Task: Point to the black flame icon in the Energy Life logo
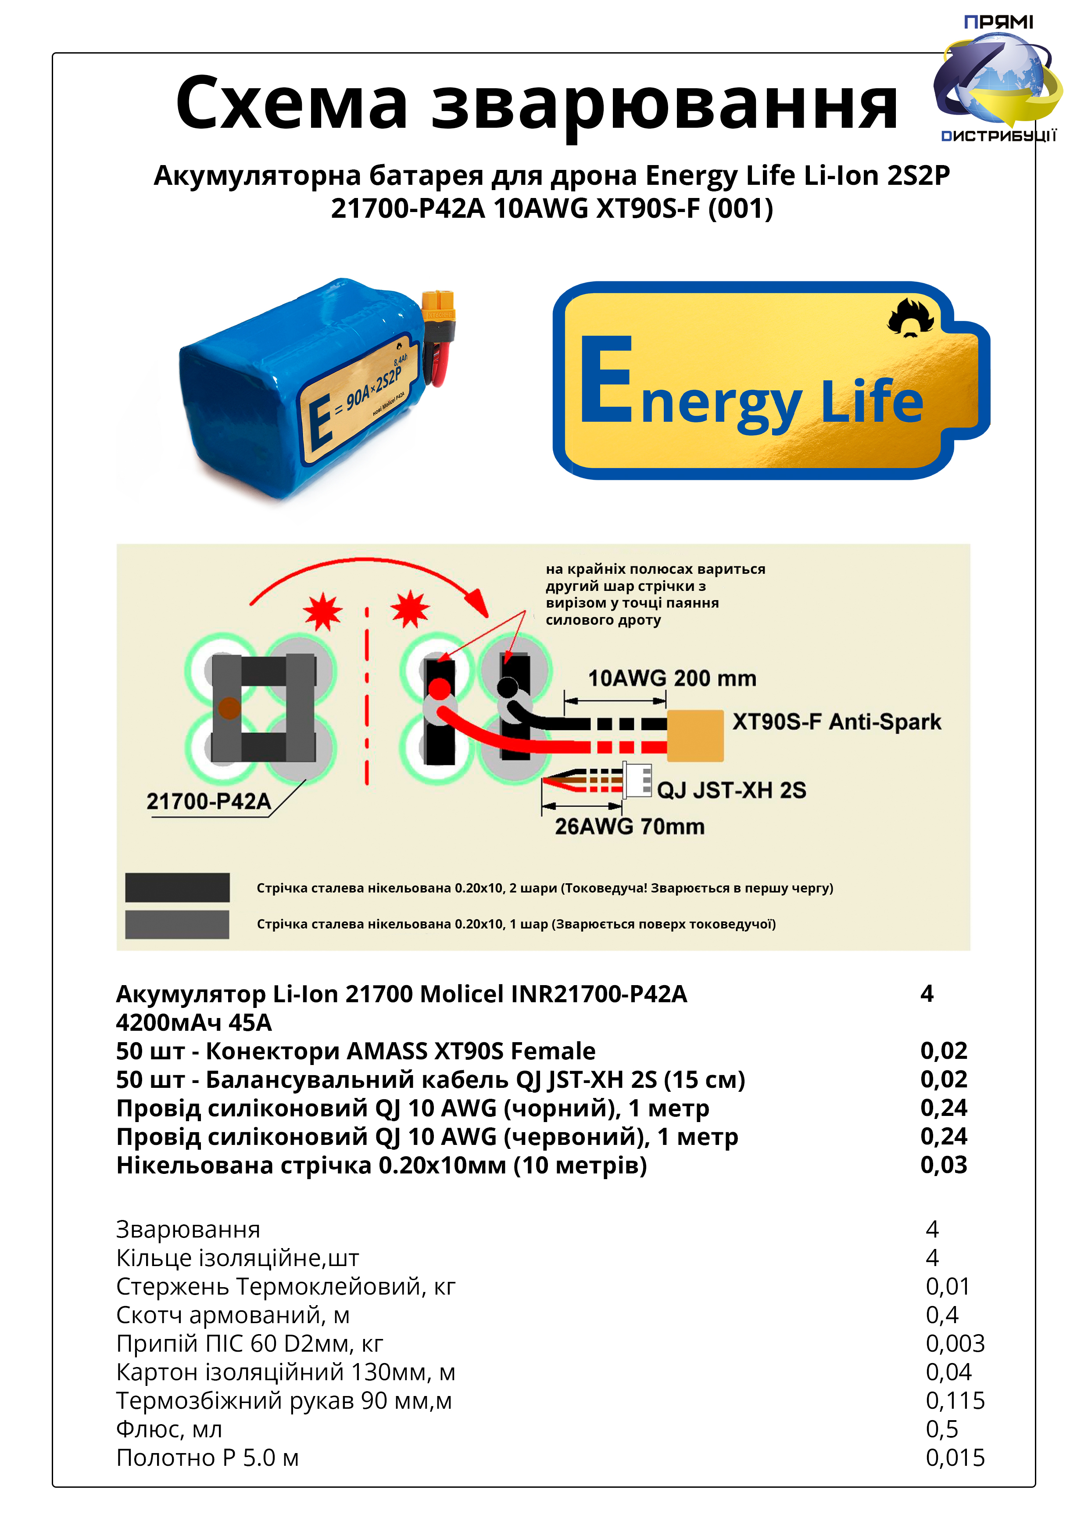910,318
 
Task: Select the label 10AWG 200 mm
672,678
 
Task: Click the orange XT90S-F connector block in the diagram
695,736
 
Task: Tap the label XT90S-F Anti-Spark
837,722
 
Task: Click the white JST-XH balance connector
637,780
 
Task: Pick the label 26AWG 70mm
630,826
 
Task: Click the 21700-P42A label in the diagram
208,801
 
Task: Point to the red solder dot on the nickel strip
440,689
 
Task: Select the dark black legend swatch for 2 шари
178,887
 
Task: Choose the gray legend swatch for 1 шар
178,924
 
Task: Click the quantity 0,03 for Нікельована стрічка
944,1165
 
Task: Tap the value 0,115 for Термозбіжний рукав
955,1400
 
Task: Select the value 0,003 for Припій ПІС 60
955,1343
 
